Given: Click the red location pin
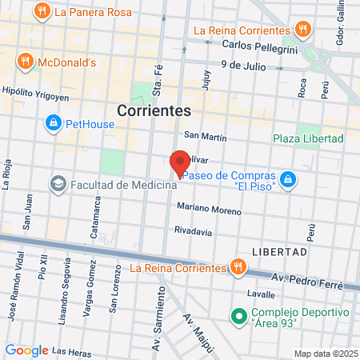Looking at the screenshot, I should pyautogui.click(x=180, y=163).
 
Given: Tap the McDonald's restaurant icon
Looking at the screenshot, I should pyautogui.click(x=26, y=61).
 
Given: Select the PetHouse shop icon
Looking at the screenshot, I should pyautogui.click(x=53, y=123).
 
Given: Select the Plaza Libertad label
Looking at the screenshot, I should pyautogui.click(x=308, y=138).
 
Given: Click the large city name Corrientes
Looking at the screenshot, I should pyautogui.click(x=154, y=111).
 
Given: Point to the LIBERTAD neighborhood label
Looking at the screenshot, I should pyautogui.click(x=280, y=251).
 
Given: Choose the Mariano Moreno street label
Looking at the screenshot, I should pyautogui.click(x=209, y=210).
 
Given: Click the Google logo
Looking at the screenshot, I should pyautogui.click(x=26, y=350).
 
